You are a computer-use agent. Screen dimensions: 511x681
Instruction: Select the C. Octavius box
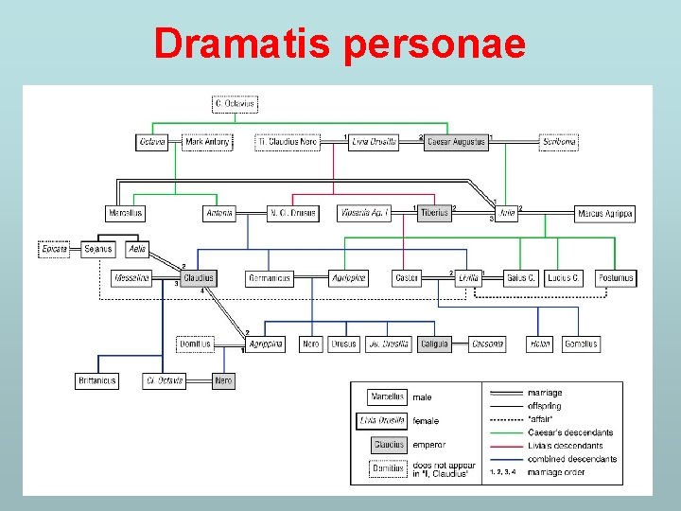coord(236,104)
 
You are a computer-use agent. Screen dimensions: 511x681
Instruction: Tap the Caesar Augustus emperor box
coord(457,142)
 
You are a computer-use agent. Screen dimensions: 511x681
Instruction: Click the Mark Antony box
coord(207,142)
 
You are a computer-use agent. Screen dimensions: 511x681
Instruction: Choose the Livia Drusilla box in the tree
coord(374,142)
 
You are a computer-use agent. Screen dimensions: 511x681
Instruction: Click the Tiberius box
coord(434,213)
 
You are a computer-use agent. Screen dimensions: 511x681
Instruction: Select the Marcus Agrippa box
coord(604,213)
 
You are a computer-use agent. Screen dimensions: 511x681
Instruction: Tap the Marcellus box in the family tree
coord(126,213)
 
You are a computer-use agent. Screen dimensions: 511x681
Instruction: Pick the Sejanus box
coord(97,249)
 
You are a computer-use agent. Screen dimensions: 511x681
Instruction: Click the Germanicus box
coord(270,278)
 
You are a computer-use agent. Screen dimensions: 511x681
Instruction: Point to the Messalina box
coord(131,278)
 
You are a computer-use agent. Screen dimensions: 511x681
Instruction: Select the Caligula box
coord(434,344)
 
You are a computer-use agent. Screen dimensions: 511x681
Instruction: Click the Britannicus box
coord(96,380)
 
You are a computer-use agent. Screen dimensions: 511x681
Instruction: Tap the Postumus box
coord(616,278)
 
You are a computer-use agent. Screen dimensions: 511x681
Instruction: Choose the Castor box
coord(407,278)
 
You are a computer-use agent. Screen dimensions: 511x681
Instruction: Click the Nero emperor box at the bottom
coord(223,380)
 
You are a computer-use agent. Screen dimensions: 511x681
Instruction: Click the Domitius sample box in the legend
coord(388,467)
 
